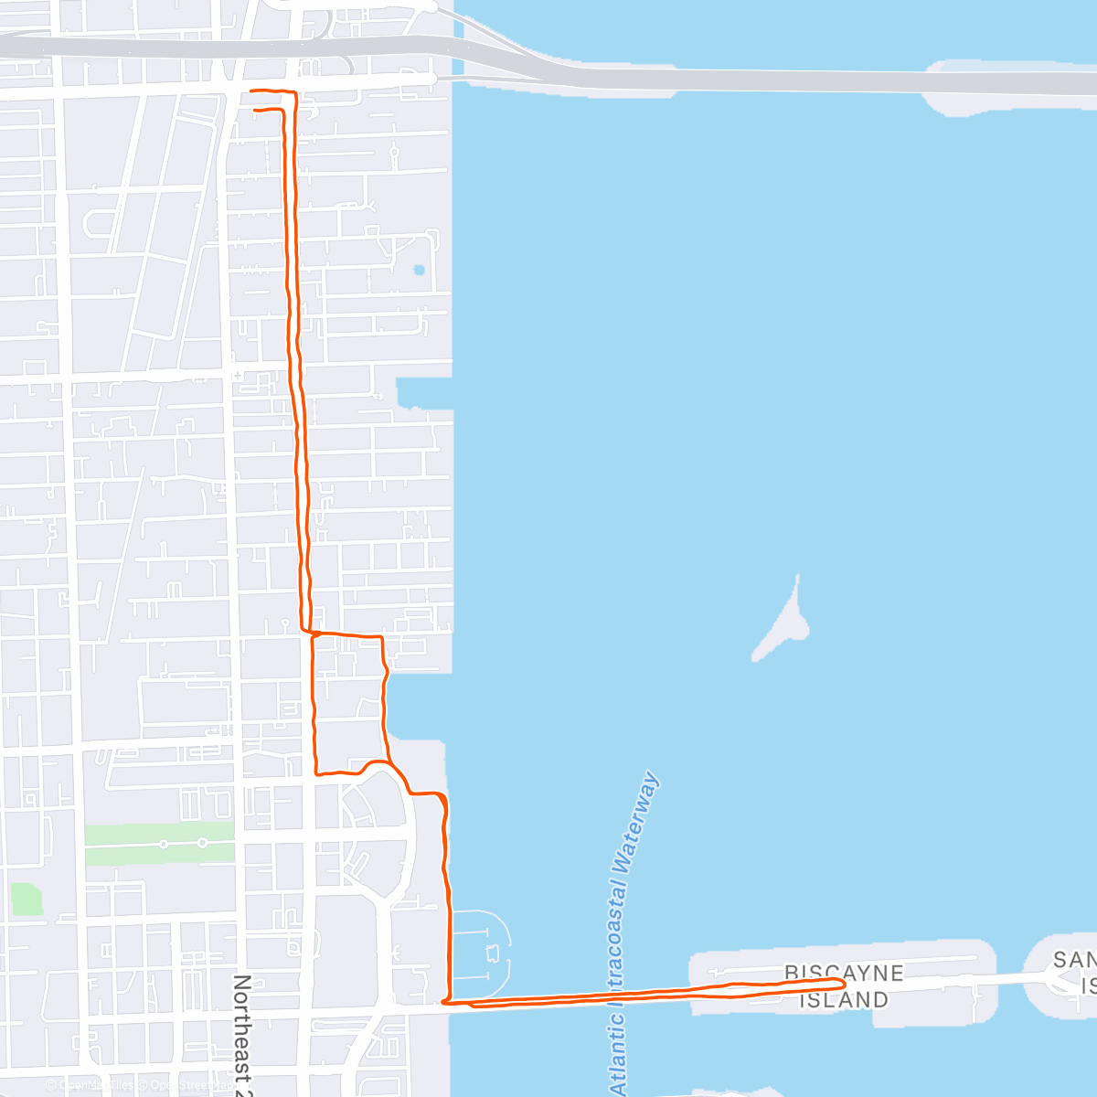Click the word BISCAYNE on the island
(843, 973)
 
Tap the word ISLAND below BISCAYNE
(843, 999)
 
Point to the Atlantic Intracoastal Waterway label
(631, 932)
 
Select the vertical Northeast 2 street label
(241, 1033)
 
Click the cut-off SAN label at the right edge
(1073, 960)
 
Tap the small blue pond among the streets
(419, 270)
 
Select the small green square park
(27, 899)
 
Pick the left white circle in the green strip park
(164, 844)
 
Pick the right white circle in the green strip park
(202, 843)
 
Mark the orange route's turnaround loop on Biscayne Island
(836, 983)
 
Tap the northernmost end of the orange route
(252, 91)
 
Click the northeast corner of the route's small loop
(381, 636)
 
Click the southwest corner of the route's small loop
(316, 772)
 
